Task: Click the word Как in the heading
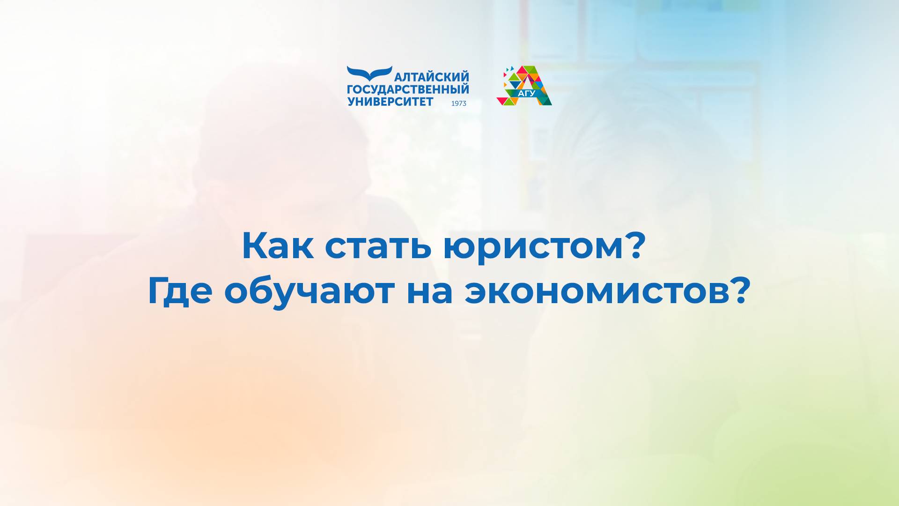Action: [277, 246]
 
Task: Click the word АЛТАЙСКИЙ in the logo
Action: [432, 77]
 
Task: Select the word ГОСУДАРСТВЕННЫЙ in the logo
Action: [408, 89]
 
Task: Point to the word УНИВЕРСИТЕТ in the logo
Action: [391, 102]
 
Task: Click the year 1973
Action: [458, 104]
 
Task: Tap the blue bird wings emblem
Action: [369, 73]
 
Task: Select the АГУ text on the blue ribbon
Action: [527, 93]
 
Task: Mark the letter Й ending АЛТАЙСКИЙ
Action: [464, 77]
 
